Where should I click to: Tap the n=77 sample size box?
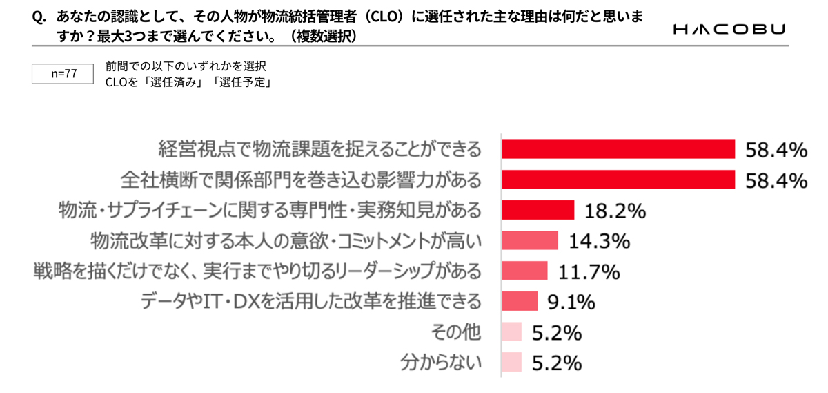[63, 73]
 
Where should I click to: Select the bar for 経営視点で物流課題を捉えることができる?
[618, 148]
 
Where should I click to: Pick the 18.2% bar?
[538, 209]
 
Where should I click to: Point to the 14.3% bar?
[529, 240]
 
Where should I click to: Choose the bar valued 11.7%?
[524, 271]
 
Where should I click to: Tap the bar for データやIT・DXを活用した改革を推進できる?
[520, 301]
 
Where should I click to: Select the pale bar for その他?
[511, 332]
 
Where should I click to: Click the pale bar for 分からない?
[511, 363]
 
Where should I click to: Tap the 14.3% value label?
[599, 241]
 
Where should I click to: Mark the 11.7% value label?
[589, 272]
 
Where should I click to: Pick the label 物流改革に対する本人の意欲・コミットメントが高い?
[286, 240]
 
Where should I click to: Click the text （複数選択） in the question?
[324, 36]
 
